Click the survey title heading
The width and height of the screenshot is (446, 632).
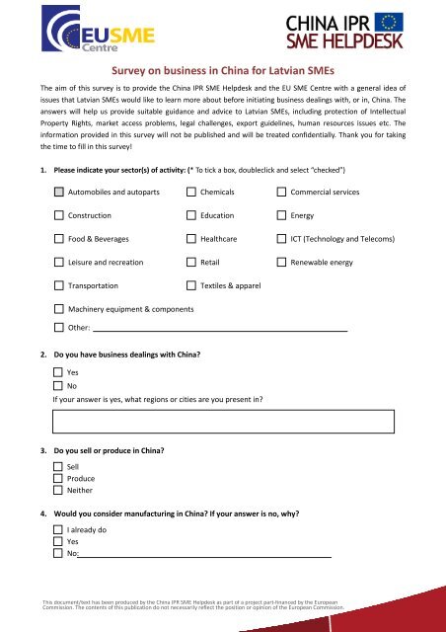223,71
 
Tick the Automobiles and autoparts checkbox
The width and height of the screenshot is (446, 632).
59,191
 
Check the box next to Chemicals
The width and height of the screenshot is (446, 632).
191,191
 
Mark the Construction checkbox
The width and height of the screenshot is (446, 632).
59,214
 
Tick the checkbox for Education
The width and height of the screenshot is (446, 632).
191,214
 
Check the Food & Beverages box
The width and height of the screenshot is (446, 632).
59,238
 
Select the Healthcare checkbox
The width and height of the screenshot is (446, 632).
191,238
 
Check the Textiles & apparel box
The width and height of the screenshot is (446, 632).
191,286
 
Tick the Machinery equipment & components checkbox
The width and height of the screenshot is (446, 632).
59,310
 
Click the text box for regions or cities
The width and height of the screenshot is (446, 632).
223,422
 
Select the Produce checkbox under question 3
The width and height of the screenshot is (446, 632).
59,478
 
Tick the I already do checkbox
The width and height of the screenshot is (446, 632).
59,530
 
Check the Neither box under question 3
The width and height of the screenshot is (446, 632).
59,490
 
